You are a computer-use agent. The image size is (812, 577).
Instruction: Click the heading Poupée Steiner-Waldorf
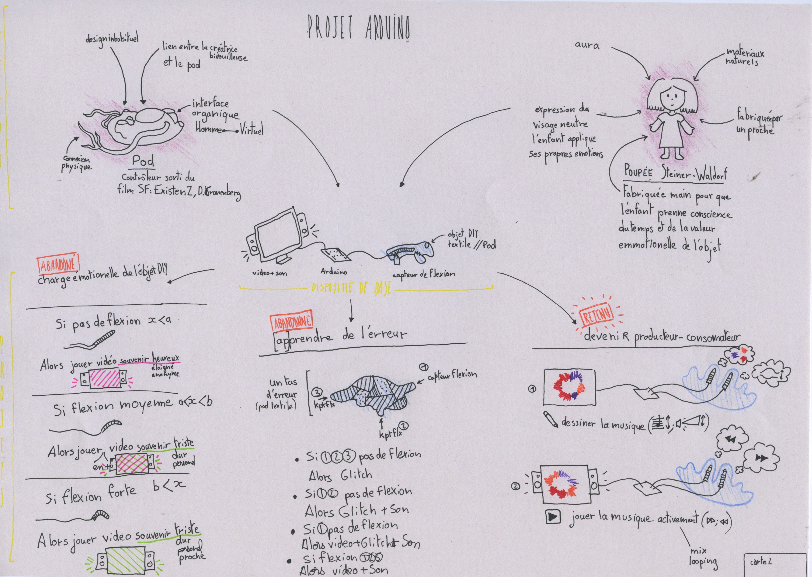(x=675, y=174)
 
